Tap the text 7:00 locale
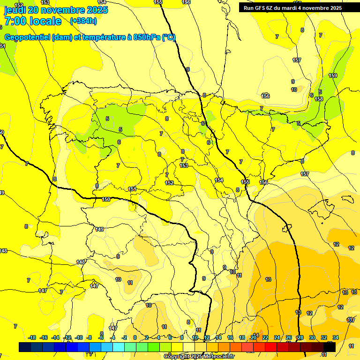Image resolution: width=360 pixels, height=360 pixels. (33, 21)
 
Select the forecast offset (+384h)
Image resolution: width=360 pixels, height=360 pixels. (83, 21)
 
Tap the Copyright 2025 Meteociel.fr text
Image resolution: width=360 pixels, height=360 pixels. (199, 357)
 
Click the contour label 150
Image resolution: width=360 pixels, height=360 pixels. (106, 199)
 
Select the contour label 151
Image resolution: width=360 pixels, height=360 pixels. (133, 189)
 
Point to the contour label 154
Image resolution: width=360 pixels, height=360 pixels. (219, 180)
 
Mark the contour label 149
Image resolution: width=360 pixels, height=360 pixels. (99, 229)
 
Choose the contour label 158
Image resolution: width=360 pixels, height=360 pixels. (319, 99)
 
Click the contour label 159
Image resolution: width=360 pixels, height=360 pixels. (333, 75)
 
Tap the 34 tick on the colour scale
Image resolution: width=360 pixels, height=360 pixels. (336, 337)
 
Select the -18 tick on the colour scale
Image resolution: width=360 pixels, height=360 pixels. (32, 337)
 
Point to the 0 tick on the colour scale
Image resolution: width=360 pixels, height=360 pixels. (135, 337)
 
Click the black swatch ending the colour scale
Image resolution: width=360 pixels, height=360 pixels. (330, 347)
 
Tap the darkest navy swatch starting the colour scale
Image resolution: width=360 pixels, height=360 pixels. (25, 347)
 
